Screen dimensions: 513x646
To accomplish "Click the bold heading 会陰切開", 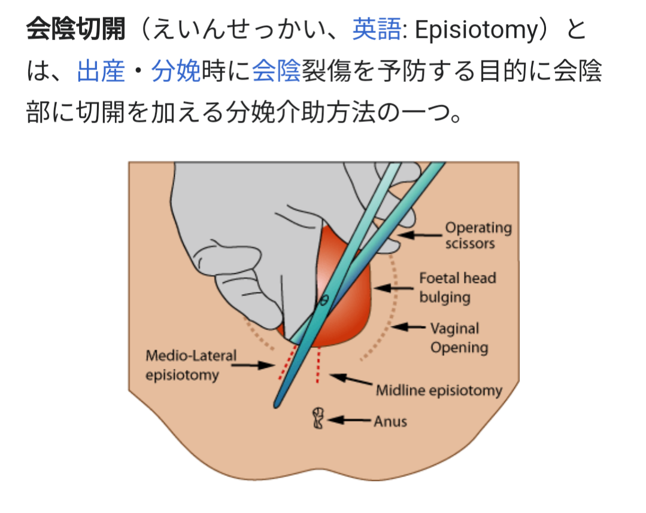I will (75, 30).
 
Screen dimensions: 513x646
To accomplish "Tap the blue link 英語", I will (376, 30).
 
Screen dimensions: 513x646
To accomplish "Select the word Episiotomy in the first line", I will (477, 30).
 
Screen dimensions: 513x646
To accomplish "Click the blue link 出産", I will (101, 72).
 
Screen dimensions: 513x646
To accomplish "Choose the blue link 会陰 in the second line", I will (276, 72).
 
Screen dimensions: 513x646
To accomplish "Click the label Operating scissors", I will (478, 236).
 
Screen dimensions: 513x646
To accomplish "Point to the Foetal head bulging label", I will (457, 287).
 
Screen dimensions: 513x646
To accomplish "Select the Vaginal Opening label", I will (459, 338).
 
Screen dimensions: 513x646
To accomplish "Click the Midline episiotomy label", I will (439, 391).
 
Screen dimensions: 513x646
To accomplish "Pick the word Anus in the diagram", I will (390, 421).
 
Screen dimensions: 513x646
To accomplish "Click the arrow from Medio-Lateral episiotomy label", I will (256, 364).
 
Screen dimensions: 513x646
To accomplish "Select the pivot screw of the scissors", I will (324, 300).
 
